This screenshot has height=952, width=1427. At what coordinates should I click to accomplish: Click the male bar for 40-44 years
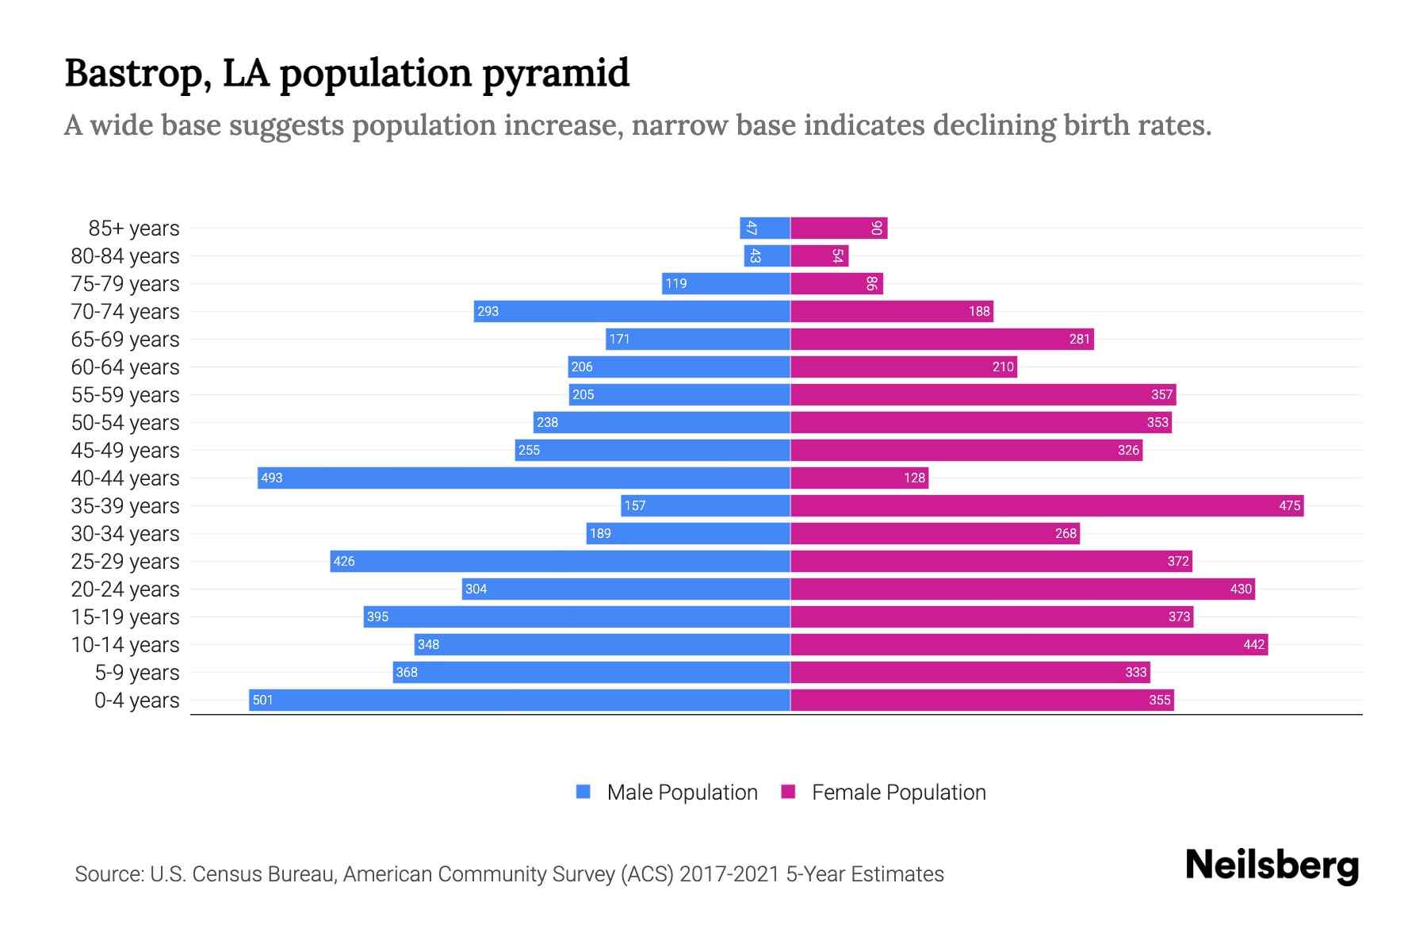pos(523,478)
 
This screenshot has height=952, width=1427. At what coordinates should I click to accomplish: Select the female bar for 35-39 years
pos(1046,505)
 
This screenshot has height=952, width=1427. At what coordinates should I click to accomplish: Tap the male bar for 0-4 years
pos(519,700)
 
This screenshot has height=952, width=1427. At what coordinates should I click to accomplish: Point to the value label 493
pos(272,478)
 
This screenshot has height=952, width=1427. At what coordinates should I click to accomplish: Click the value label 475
pos(1289,505)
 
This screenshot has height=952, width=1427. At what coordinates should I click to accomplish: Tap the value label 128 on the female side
pos(914,478)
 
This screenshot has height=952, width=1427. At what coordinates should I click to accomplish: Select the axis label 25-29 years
pos(125,562)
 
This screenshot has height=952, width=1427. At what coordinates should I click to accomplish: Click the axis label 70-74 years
pos(125,312)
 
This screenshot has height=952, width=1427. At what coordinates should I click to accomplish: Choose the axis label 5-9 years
pos(137,673)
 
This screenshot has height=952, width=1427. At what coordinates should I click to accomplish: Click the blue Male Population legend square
pos(583,792)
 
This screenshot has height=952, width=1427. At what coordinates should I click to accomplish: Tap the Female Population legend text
pos(898,792)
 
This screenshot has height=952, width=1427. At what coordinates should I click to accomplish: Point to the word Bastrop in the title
pos(136,73)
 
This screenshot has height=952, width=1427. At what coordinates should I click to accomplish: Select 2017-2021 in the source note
pos(729,874)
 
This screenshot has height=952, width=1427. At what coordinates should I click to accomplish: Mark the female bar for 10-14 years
pos(1029,644)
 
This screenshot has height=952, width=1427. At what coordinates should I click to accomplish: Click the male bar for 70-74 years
pos(632,311)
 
